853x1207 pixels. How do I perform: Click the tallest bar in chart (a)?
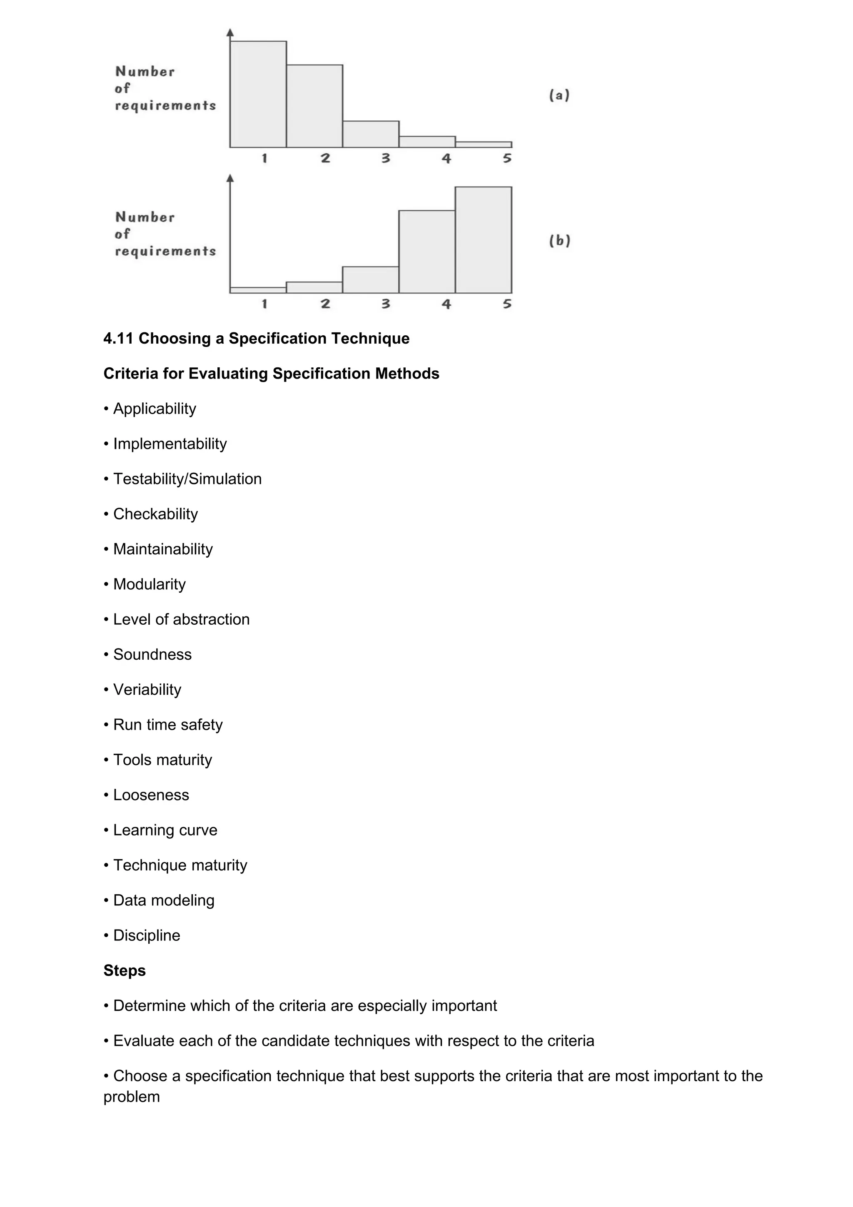point(258,94)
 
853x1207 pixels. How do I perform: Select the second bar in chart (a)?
point(314,106)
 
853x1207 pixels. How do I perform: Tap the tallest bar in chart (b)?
point(483,240)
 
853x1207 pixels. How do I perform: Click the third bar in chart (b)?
point(371,279)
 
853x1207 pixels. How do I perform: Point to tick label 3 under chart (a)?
point(386,158)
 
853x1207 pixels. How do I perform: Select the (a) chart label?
point(559,95)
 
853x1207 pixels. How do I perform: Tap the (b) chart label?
point(560,241)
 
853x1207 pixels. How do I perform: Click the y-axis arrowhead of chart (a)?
point(229,32)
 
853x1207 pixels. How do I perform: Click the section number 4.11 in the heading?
point(118,338)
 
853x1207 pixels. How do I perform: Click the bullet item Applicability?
point(155,409)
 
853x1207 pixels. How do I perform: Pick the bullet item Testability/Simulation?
point(187,479)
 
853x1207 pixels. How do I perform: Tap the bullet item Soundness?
point(152,654)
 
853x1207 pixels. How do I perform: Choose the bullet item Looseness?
point(151,795)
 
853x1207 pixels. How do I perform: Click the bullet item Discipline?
point(147,935)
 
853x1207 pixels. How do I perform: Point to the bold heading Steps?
point(125,970)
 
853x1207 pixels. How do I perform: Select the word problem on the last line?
point(131,1097)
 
